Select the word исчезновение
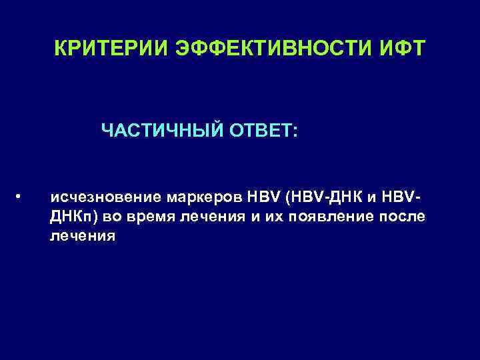[106, 198]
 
